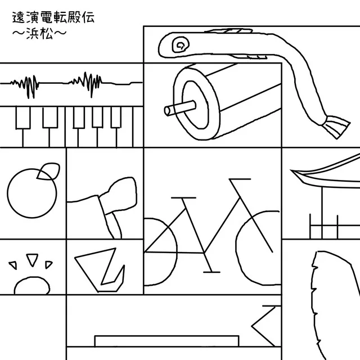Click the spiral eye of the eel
coord(181,44)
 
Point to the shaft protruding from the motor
coord(180,108)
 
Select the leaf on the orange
coord(48,171)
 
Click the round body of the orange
coord(32,193)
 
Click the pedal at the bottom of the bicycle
coord(211,272)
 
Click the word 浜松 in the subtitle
coord(39,34)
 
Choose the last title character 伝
coord(88,17)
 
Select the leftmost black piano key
coord(23,118)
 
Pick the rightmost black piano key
coord(116,117)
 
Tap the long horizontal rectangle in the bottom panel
coord(166,341)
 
